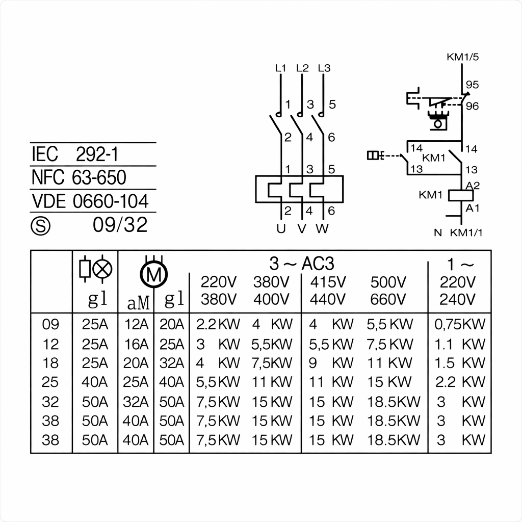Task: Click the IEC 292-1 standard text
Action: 75,154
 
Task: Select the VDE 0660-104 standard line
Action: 90,201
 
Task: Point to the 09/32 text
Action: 120,225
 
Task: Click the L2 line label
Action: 302,68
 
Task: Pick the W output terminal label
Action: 322,229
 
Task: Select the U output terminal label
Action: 281,229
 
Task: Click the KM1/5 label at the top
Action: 462,57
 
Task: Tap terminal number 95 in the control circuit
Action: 473,85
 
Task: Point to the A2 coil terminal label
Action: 473,185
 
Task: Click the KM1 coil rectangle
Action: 461,195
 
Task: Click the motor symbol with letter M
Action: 153,276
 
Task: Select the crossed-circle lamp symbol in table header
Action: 103,269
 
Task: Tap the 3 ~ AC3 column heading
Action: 302,264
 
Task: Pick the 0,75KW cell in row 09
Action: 459,324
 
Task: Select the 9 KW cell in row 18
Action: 331,363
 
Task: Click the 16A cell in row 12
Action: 136,344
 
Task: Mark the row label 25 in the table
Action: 50,382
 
